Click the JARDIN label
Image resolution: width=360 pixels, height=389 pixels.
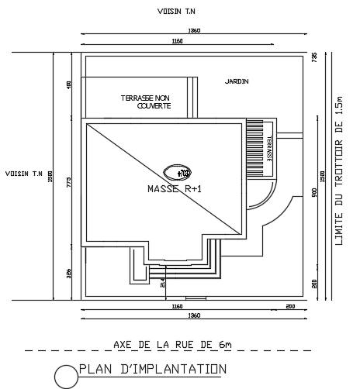pyautogui.click(x=237, y=81)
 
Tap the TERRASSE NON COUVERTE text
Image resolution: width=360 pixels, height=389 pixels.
pyautogui.click(x=145, y=102)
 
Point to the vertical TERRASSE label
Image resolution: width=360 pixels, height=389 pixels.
pyautogui.click(x=269, y=147)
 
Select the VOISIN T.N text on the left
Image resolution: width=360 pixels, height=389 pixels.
pyautogui.click(x=22, y=174)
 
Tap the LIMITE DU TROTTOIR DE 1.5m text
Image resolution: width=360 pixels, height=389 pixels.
pyautogui.click(x=338, y=171)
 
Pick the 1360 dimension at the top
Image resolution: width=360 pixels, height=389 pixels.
pyautogui.click(x=194, y=30)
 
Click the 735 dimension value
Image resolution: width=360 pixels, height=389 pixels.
pyautogui.click(x=314, y=57)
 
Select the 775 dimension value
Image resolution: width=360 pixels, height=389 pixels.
pyautogui.click(x=68, y=181)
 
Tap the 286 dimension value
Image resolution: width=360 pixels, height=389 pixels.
pyautogui.click(x=68, y=273)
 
